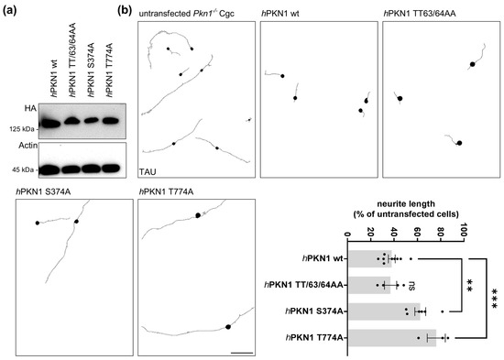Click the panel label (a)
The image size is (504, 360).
(x=13, y=9)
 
